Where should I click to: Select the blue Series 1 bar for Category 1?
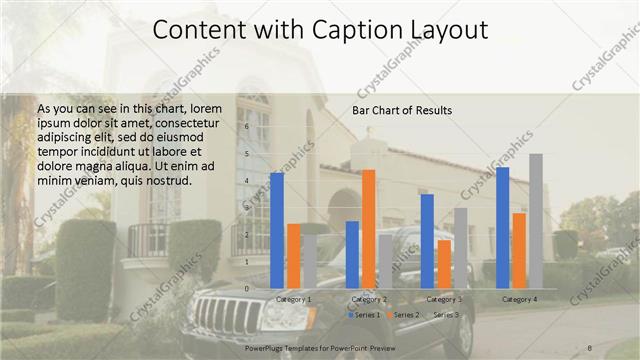(x=277, y=230)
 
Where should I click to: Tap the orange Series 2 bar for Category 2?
(x=369, y=229)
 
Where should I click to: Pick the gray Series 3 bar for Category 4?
(x=536, y=221)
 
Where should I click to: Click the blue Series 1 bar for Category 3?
(x=427, y=241)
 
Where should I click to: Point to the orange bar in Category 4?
(x=519, y=250)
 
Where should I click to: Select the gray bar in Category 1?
(x=309, y=261)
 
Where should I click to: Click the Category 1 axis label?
(x=293, y=299)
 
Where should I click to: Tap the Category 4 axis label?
(x=519, y=299)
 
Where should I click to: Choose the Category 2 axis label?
(x=369, y=299)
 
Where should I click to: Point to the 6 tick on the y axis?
(x=247, y=128)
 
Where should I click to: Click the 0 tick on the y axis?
(x=247, y=288)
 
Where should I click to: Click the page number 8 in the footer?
(x=590, y=347)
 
